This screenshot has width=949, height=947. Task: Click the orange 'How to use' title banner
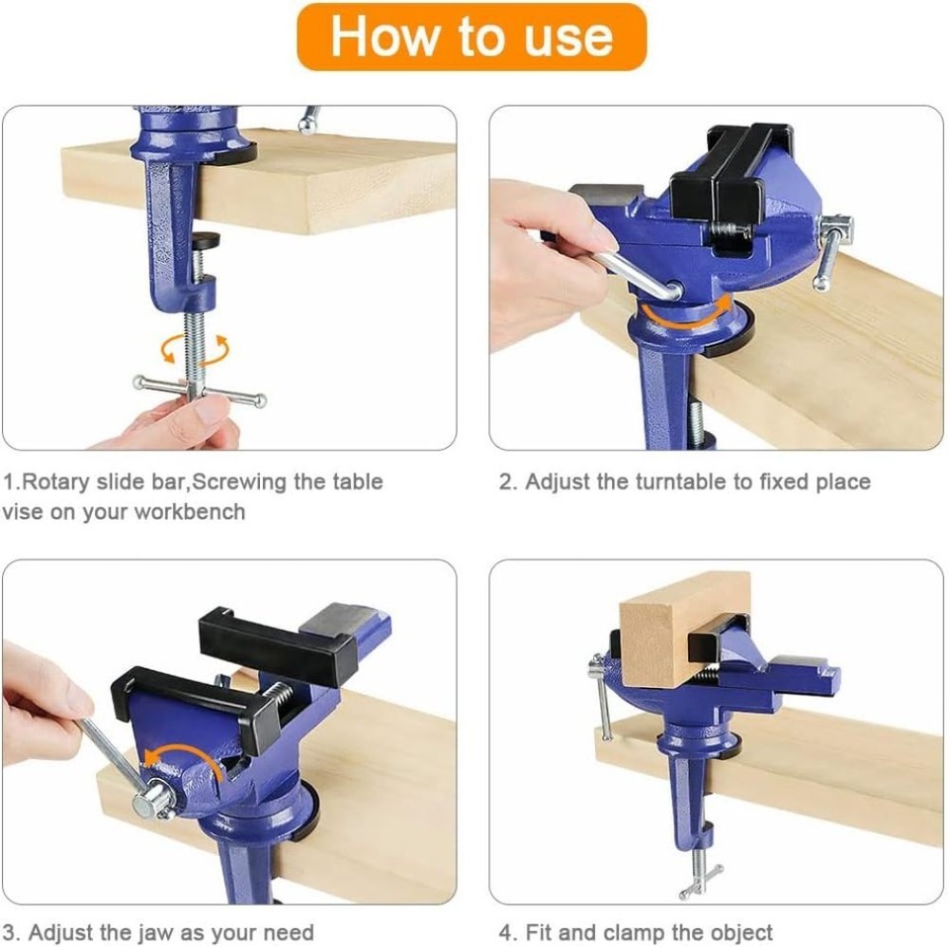pyautogui.click(x=472, y=37)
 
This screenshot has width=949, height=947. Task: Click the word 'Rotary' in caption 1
pyautogui.click(x=57, y=482)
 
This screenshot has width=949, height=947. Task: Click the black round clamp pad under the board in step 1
pyautogui.click(x=206, y=240)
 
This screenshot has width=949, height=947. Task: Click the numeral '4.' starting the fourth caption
pyautogui.click(x=507, y=932)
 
